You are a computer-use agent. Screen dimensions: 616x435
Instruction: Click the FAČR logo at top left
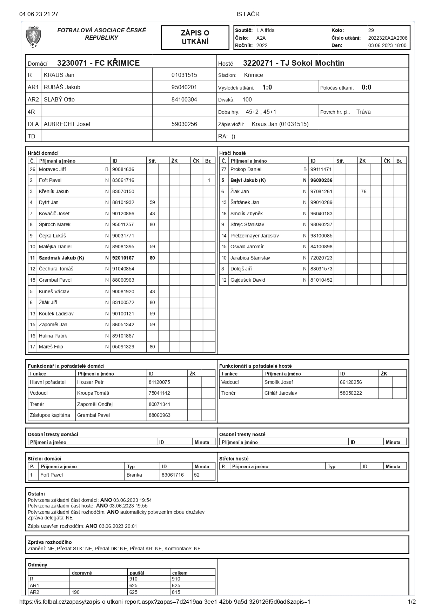(33, 37)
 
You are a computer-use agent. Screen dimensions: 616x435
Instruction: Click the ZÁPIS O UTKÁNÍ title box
(195, 37)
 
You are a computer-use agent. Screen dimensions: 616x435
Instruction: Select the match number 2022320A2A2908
(388, 38)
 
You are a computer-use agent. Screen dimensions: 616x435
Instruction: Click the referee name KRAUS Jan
(59, 75)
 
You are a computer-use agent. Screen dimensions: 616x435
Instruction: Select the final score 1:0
(267, 87)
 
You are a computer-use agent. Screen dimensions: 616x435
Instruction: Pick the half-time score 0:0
(366, 87)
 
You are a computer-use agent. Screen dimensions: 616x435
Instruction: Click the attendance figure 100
(247, 100)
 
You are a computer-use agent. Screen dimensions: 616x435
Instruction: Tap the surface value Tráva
(363, 112)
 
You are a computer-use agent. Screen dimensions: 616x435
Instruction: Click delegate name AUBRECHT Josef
(67, 124)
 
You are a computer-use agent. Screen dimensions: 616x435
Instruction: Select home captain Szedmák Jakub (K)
(61, 258)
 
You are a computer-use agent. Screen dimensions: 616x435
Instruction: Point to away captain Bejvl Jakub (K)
(248, 180)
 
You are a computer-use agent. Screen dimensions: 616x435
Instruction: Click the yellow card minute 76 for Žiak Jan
(363, 191)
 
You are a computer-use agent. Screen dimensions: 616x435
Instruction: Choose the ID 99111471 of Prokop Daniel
(321, 169)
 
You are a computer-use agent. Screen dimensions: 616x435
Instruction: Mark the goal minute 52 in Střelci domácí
(197, 475)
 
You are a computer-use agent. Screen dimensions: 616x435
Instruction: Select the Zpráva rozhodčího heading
(49, 542)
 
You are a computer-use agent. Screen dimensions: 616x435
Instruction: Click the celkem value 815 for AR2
(176, 592)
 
